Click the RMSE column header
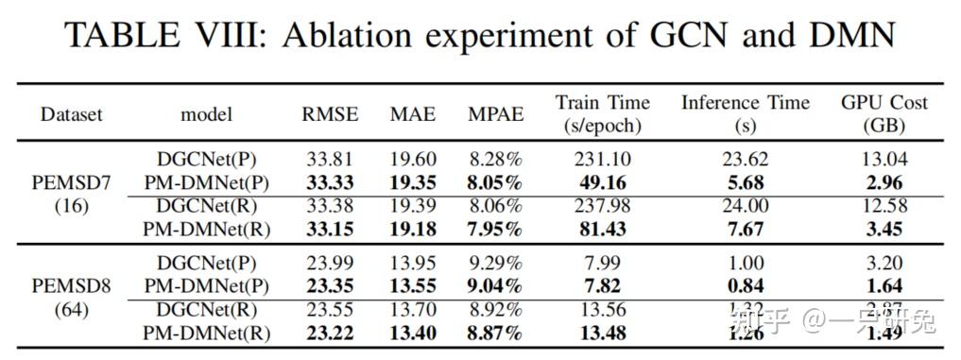click(330, 114)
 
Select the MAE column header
click(413, 114)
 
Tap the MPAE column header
click(495, 114)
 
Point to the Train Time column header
click(603, 113)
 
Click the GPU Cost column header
click(884, 113)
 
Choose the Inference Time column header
click(746, 113)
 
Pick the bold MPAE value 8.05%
click(495, 182)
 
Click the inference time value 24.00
click(746, 206)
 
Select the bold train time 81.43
click(603, 229)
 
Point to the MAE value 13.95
click(413, 264)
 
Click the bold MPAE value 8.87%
click(495, 333)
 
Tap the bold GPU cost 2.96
click(884, 182)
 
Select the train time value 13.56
click(603, 310)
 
